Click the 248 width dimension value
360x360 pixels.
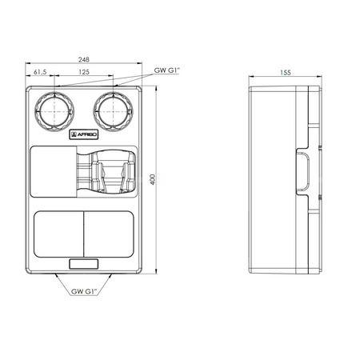(84, 60)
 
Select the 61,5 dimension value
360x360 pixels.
(40, 72)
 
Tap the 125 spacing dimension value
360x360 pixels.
(84, 72)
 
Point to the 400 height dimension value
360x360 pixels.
(153, 180)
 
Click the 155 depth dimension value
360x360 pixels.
(286, 73)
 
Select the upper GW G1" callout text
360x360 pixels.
(167, 70)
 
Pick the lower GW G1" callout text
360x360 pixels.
(84, 291)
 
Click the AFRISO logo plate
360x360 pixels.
(84, 134)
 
